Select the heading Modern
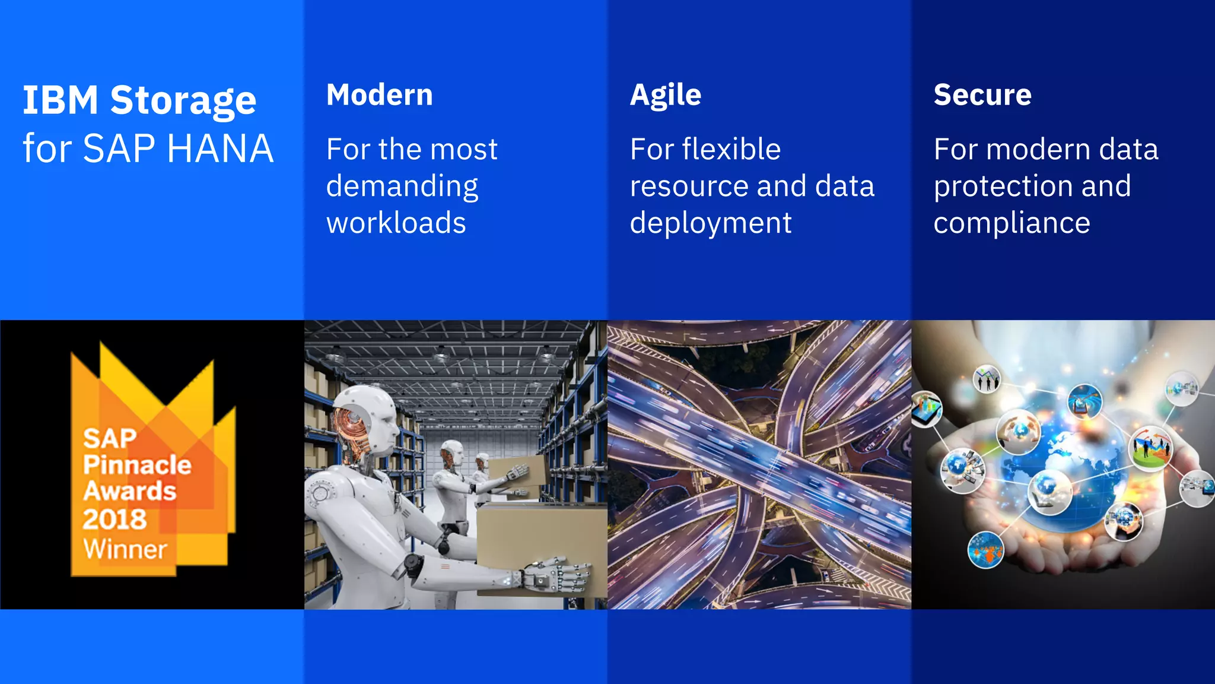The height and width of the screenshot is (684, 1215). tap(380, 95)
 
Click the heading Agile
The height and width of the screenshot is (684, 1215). tap(666, 95)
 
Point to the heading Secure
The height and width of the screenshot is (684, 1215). tap(982, 95)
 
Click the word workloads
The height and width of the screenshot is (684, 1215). tap(396, 223)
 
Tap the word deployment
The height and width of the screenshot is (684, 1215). tap(711, 223)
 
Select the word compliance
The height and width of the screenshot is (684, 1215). tap(1012, 223)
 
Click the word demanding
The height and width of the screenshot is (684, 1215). tap(402, 186)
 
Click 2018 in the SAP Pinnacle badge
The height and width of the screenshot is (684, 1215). tap(114, 520)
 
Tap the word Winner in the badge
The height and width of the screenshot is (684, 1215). tap(125, 549)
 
